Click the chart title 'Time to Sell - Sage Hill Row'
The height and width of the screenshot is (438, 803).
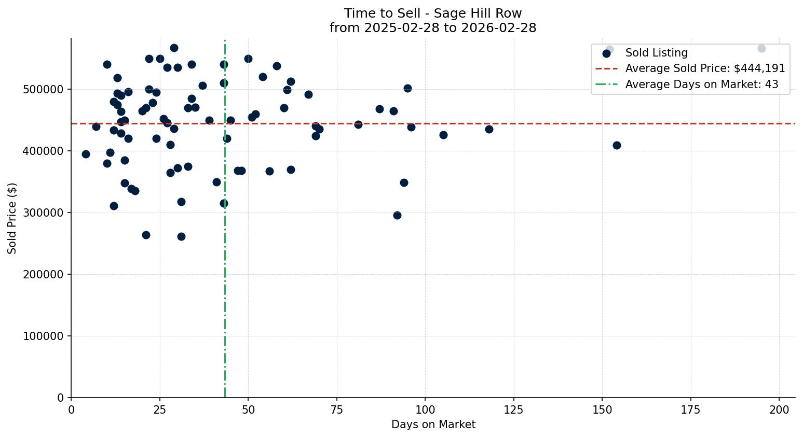point(433,13)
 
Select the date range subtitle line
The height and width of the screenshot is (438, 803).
point(433,28)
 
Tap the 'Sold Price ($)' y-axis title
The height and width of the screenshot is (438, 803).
point(12,218)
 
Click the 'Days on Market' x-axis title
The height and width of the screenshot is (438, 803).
point(433,425)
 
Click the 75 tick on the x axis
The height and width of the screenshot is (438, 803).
point(337,409)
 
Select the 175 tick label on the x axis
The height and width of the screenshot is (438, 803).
point(690,409)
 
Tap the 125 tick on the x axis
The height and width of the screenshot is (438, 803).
point(514,409)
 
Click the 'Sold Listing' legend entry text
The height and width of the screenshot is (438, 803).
point(656,53)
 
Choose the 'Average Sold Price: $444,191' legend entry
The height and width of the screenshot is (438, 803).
point(705,68)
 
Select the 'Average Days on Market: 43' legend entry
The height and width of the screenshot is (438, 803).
point(701,84)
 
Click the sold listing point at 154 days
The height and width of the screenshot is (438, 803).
point(617,145)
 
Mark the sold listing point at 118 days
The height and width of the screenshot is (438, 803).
point(489,129)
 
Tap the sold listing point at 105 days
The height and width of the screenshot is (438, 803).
point(443,135)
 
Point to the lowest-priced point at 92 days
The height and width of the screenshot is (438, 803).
point(397,215)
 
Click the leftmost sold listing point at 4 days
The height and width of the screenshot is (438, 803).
point(86,154)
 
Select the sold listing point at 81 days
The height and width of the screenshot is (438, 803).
point(358,124)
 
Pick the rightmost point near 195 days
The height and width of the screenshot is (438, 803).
point(761,48)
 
